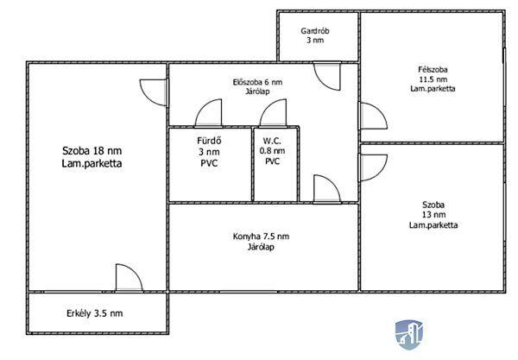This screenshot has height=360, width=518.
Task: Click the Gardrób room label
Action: click(x=315, y=31)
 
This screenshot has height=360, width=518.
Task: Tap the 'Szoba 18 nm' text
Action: click(x=92, y=151)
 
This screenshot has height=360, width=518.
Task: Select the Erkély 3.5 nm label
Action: click(x=94, y=313)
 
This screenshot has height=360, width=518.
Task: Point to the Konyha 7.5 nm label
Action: click(x=261, y=237)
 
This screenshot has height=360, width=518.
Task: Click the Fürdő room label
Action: click(x=209, y=141)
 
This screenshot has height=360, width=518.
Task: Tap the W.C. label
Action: click(x=272, y=141)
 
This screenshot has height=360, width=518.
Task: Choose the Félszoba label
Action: click(x=433, y=70)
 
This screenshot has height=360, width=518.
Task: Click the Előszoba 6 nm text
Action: click(x=257, y=82)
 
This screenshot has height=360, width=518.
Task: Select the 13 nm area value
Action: click(x=433, y=215)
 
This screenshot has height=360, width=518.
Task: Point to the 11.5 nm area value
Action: click(x=433, y=79)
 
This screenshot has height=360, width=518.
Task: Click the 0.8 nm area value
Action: click(x=272, y=151)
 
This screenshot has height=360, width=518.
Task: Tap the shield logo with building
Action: click(x=409, y=334)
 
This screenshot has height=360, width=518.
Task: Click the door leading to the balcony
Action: click(x=129, y=278)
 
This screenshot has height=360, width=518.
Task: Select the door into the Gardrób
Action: click(x=326, y=76)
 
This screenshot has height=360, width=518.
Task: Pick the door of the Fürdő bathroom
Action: click(x=208, y=113)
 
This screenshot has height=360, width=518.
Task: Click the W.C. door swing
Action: click(x=273, y=113)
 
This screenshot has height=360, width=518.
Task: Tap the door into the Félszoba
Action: click(x=373, y=116)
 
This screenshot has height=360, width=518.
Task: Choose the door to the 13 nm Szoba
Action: click(x=373, y=167)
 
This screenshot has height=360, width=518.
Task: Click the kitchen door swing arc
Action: click(x=326, y=188)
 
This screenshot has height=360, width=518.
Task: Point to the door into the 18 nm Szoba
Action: click(x=154, y=92)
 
